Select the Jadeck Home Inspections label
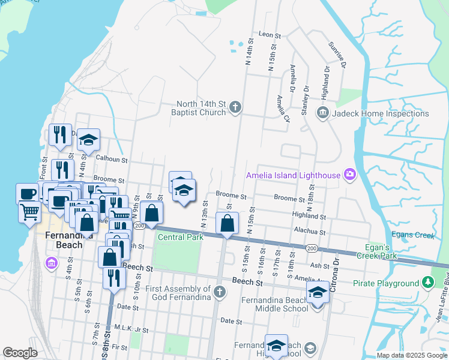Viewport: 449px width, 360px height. click(379, 113)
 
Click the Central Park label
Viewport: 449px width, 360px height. click(181, 237)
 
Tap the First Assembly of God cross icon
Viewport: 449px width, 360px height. click(220, 292)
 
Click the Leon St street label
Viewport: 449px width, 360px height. click(270, 35)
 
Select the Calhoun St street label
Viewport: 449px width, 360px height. click(112, 160)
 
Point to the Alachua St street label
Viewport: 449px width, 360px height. click(309, 232)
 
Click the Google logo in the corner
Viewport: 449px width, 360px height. click(20, 353)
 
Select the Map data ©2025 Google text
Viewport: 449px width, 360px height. click(411, 355)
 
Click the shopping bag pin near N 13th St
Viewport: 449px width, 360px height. click(228, 224)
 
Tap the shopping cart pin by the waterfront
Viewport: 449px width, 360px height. click(29, 211)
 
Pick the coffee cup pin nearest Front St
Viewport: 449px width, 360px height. click(27, 194)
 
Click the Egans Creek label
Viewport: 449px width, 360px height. click(418, 235)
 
